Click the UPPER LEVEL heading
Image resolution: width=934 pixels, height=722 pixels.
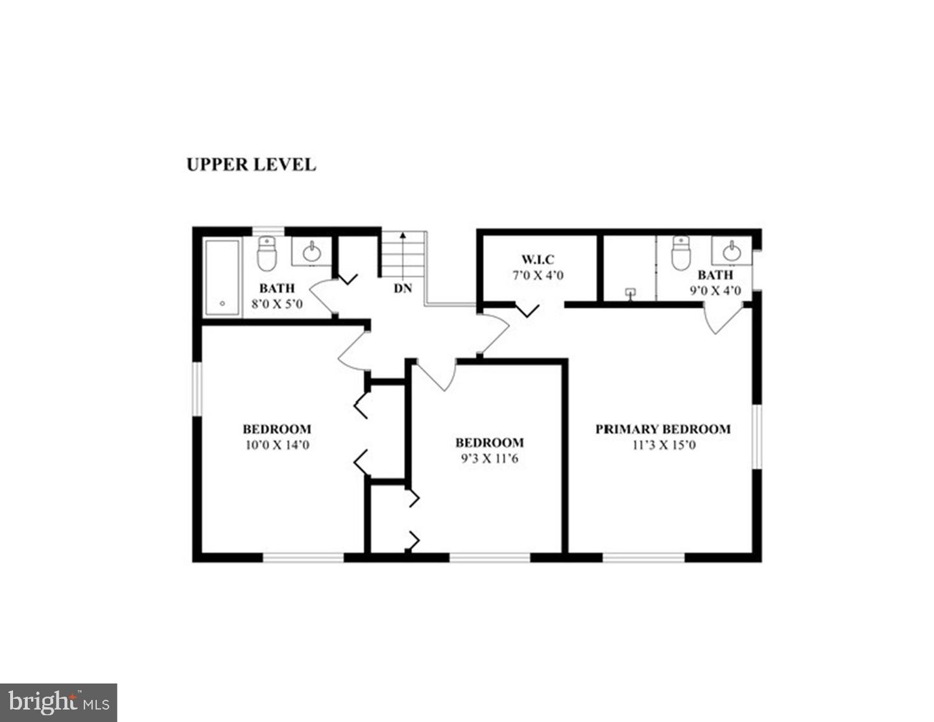pyautogui.click(x=251, y=165)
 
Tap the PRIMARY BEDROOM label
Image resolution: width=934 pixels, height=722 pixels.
pyautogui.click(x=663, y=429)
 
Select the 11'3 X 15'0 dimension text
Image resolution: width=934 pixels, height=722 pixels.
pyautogui.click(x=663, y=445)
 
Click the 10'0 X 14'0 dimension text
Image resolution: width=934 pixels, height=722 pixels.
pyautogui.click(x=277, y=445)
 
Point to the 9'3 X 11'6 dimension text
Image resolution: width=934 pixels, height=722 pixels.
pyautogui.click(x=489, y=459)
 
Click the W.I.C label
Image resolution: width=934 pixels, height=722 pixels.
pyautogui.click(x=538, y=260)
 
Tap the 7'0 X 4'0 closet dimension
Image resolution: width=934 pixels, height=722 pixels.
pyautogui.click(x=538, y=276)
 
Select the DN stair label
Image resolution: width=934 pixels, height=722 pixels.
pyautogui.click(x=403, y=289)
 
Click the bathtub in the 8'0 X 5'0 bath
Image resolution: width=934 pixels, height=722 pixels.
pyautogui.click(x=222, y=278)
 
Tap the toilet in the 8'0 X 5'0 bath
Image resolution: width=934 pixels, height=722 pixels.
pyautogui.click(x=267, y=254)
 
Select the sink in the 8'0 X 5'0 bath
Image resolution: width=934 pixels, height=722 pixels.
pyautogui.click(x=312, y=251)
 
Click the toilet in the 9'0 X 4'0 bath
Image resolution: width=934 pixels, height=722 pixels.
pyautogui.click(x=680, y=253)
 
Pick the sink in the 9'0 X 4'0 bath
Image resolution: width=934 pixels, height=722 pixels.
pyautogui.click(x=732, y=250)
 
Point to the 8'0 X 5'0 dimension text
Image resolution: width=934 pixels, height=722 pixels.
pyautogui.click(x=277, y=304)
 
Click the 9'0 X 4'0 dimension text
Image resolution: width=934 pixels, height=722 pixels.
pyautogui.click(x=715, y=291)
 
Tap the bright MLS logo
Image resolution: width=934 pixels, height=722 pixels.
pyautogui.click(x=58, y=703)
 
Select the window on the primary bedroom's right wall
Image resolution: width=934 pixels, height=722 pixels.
pyautogui.click(x=756, y=437)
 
